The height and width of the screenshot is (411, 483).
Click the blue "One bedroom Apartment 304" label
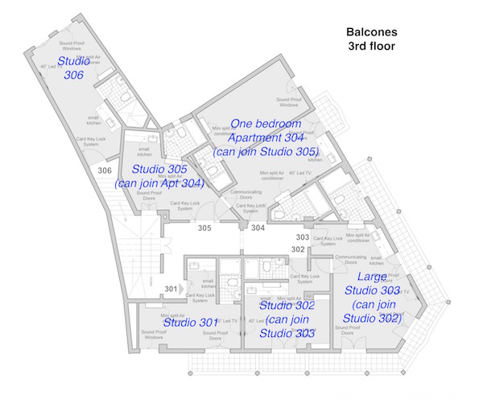coord(265,130)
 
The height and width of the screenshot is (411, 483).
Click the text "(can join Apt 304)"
coord(159,183)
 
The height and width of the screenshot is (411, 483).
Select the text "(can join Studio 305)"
coord(265,151)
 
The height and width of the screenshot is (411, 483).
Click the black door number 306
coord(105,171)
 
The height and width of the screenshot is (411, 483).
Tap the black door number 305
coord(204,228)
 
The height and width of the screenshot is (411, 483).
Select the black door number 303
coord(302,237)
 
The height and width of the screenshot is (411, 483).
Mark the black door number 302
coord(298,249)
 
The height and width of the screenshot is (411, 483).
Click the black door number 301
coord(171,288)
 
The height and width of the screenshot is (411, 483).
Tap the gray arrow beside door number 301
coord(184,288)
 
